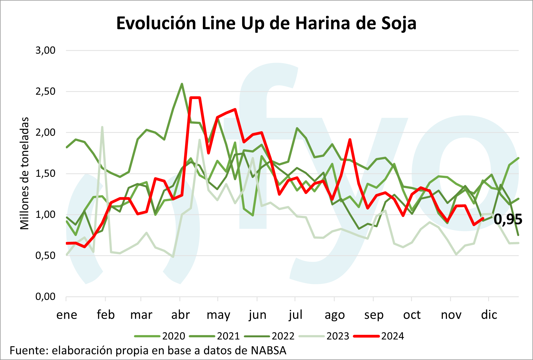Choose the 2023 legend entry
point(338,336)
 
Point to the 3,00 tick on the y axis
point(45,50)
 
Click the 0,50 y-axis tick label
point(45,255)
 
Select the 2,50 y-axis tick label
point(45,91)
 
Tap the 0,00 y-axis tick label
point(45,297)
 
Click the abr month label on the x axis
point(180,315)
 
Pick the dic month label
point(489,315)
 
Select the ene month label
point(67,315)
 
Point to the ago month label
point(335,315)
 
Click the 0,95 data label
point(508,220)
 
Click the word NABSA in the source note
point(268,351)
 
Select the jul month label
point(295,315)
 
